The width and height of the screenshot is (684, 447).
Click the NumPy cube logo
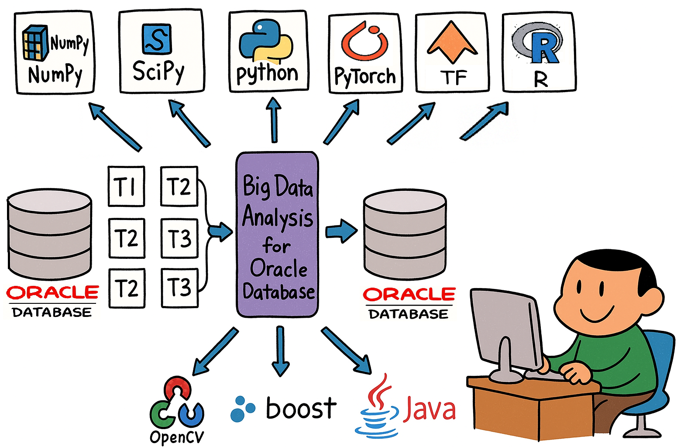[35, 43]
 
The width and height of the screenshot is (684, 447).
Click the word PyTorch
[365, 76]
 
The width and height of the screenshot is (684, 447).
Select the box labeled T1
[126, 186]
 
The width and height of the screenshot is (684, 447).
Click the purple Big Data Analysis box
[277, 234]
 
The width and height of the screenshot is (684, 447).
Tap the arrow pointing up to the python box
[274, 120]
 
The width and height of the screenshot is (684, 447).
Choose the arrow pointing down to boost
[280, 351]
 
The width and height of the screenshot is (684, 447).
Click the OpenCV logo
[176, 404]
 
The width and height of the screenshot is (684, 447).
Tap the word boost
[301, 409]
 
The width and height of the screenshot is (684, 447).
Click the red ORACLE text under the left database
[52, 292]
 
